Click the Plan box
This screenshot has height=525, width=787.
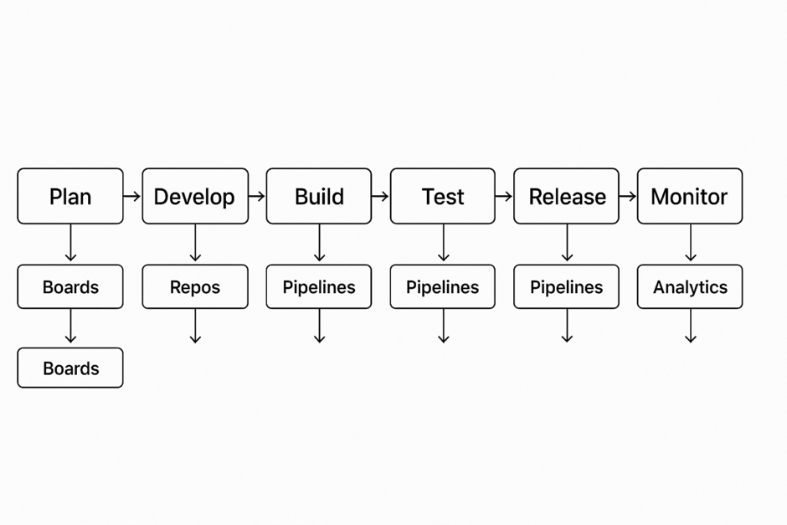70,196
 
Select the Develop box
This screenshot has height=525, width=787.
195,196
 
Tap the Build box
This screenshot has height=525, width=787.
319,196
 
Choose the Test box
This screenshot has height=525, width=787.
443,196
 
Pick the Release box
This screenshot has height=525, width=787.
567,196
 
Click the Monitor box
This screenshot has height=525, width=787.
690,196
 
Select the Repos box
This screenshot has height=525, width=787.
195,287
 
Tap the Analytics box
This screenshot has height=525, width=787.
690,287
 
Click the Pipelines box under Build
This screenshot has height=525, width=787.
319,287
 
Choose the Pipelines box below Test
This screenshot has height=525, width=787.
443,287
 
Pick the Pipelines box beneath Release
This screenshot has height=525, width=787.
567,287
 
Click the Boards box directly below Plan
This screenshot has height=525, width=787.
70,287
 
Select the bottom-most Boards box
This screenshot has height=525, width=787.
70,368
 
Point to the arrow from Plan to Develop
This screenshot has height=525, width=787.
132,196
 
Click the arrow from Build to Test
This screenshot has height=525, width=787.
380,196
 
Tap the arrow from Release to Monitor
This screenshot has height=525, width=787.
628,196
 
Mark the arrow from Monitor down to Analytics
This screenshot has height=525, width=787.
691,244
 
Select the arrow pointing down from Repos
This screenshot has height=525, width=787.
195,326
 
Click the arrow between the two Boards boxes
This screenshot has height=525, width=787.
70,327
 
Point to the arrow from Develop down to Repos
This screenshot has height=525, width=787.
195,244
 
